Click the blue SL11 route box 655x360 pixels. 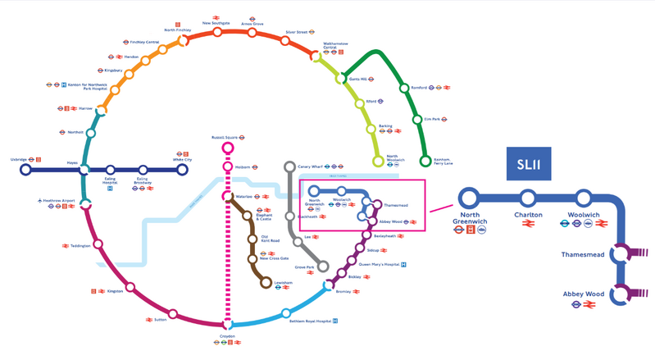[x=527, y=167]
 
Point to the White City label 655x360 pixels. [x=183, y=160]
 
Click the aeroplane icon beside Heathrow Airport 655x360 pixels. [x=39, y=200]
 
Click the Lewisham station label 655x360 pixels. [x=284, y=283]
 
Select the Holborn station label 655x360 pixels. [x=243, y=167]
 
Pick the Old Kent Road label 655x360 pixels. [x=271, y=240]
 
